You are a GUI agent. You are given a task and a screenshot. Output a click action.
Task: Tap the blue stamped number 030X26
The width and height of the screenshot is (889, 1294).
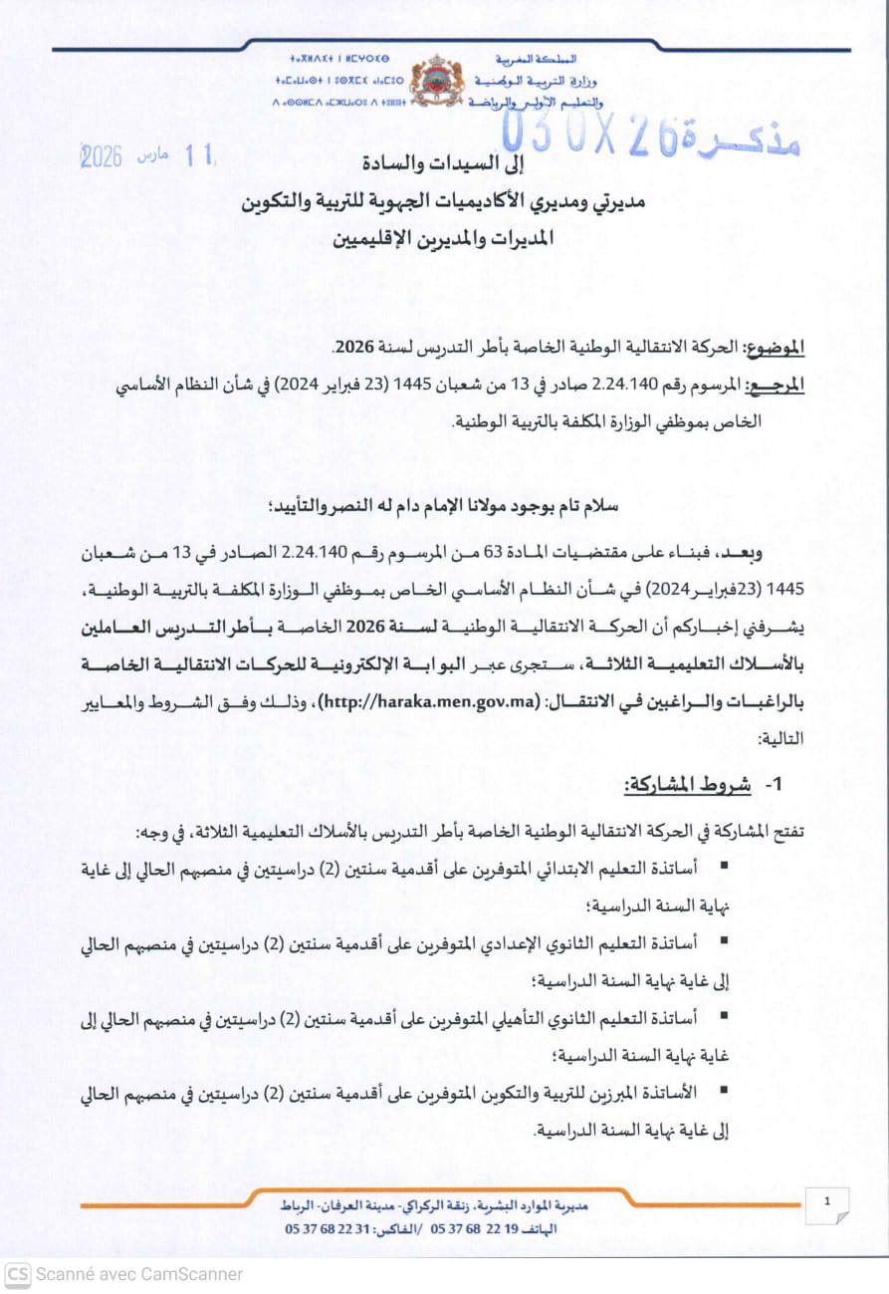(589, 135)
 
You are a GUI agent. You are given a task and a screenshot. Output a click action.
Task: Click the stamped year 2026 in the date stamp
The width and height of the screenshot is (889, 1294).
(101, 156)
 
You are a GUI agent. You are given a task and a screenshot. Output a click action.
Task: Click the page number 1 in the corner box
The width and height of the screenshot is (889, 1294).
(827, 1202)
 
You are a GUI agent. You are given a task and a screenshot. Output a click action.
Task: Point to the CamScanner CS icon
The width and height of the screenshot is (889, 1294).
(17, 1273)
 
